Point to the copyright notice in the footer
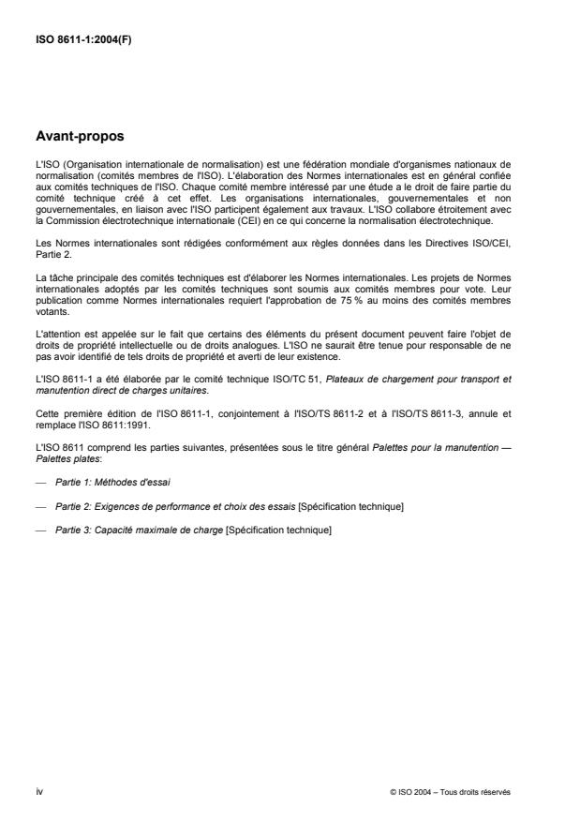pyautogui.click(x=450, y=792)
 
